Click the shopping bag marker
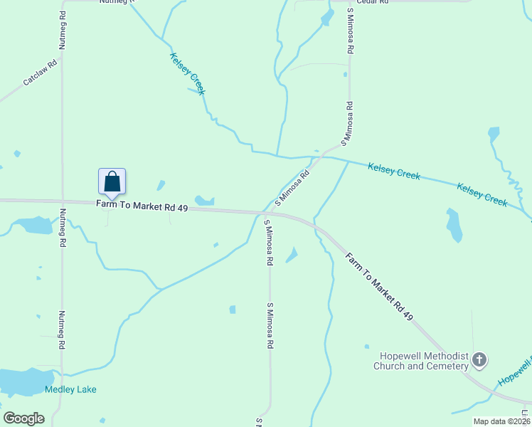click(x=112, y=181)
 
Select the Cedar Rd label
click(x=372, y=2)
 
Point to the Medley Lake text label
click(x=70, y=389)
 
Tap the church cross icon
click(x=479, y=360)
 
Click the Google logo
click(x=23, y=418)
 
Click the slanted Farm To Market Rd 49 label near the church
click(x=379, y=286)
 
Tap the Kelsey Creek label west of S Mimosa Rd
click(x=188, y=73)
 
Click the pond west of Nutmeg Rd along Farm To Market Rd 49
click(x=33, y=226)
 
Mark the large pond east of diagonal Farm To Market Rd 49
click(x=453, y=225)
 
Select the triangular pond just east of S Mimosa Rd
click(x=292, y=255)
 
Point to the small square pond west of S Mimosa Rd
click(x=233, y=310)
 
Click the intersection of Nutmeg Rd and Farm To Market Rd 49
click(x=63, y=202)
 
